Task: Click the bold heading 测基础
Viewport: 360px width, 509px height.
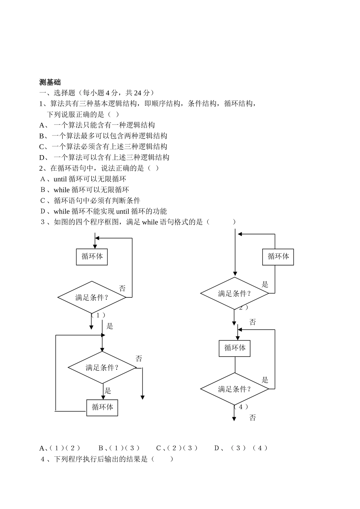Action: (50, 82)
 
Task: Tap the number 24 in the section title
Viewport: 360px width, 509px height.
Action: (138, 93)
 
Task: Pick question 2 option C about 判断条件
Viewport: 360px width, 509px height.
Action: (91, 201)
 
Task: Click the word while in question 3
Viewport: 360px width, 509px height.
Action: (150, 222)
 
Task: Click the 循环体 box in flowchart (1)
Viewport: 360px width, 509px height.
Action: (92, 257)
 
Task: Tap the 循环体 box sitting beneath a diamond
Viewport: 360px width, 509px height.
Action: (102, 408)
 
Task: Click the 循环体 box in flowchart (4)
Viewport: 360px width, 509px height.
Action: (235, 348)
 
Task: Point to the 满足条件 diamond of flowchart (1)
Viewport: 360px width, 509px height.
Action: (92, 297)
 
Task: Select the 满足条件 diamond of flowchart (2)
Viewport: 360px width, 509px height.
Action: (235, 294)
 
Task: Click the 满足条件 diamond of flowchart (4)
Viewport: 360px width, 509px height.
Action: (235, 389)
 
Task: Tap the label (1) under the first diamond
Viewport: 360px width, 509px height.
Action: (98, 315)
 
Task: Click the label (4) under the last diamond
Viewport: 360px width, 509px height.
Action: (241, 407)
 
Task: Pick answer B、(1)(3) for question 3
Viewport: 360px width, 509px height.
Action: (119, 448)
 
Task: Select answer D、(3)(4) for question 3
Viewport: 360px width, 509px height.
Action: (241, 448)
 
